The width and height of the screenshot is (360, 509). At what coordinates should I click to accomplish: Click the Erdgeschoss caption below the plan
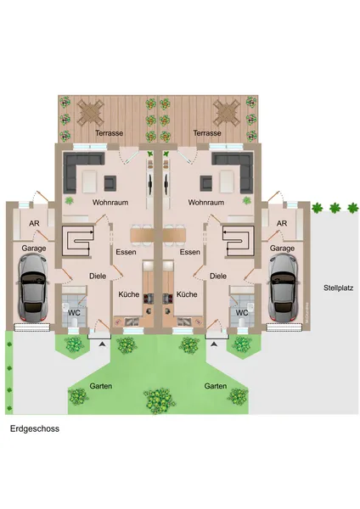click(35, 428)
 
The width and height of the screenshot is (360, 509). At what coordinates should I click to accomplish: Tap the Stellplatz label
click(338, 288)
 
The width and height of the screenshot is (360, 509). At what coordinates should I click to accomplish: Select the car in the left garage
click(32, 288)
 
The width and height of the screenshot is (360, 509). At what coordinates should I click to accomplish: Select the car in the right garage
click(283, 288)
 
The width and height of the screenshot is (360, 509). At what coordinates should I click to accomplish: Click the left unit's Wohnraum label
click(110, 202)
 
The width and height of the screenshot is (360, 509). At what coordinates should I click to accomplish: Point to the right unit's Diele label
click(217, 276)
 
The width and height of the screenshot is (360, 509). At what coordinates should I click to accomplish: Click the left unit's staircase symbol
click(77, 242)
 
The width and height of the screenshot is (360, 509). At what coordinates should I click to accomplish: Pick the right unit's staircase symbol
click(238, 242)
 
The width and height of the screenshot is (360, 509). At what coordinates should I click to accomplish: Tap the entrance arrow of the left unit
click(103, 344)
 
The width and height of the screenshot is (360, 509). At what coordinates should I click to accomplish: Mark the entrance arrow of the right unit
click(213, 344)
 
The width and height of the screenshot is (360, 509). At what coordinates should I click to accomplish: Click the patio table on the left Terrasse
click(90, 113)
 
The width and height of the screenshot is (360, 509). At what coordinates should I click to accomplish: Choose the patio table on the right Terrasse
click(227, 113)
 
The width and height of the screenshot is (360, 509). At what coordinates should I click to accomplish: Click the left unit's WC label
click(74, 313)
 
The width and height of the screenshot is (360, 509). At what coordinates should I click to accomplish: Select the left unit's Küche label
click(129, 294)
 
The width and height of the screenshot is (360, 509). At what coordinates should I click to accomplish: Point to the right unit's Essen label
click(189, 252)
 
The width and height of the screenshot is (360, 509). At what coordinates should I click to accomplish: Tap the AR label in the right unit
click(282, 223)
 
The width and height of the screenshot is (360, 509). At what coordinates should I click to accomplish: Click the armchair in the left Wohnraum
click(110, 183)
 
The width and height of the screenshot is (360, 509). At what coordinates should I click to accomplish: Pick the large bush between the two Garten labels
click(160, 400)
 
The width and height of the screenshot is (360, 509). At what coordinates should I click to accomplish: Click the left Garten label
click(101, 386)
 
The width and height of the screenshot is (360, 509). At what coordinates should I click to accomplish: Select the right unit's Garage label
click(282, 249)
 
